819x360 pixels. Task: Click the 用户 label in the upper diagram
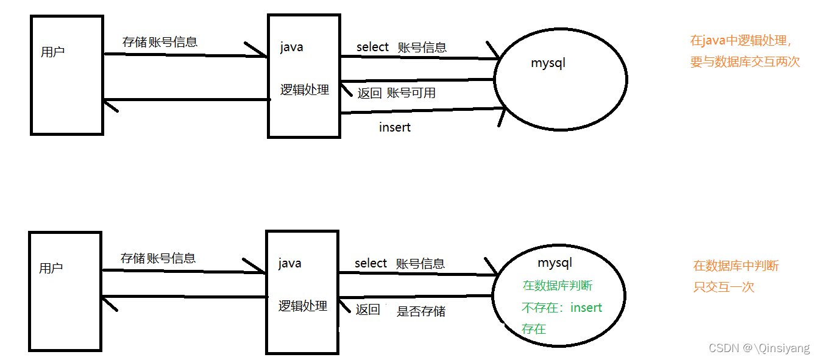[52, 52]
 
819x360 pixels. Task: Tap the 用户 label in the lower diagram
[51, 268]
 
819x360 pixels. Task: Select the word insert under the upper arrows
[395, 127]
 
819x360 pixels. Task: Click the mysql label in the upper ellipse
[548, 63]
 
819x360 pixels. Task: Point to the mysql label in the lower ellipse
[555, 263]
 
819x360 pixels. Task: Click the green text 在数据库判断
[557, 286]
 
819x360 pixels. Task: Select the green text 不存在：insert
[562, 308]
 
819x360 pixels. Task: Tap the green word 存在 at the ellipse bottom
[534, 329]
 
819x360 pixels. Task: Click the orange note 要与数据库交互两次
[745, 62]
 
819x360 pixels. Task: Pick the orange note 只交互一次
[724, 287]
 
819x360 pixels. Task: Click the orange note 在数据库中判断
[736, 266]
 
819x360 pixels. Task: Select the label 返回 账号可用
[396, 93]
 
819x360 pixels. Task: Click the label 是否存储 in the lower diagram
[421, 311]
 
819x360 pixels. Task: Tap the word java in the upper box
[291, 47]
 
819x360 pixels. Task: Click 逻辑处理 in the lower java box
[303, 306]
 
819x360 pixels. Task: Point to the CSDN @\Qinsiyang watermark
[759, 348]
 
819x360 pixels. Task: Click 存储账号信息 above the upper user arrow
[160, 42]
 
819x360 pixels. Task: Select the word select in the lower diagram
[370, 263]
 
